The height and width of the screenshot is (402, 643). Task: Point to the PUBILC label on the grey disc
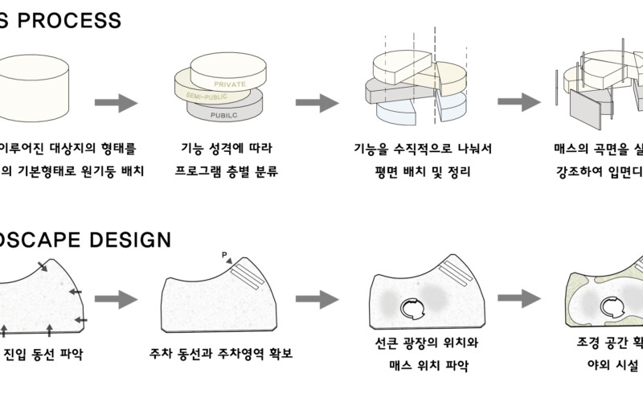228,114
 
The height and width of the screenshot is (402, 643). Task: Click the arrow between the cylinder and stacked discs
117,103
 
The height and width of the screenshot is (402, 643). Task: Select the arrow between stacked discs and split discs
317,103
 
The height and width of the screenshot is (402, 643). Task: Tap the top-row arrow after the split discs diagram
518,102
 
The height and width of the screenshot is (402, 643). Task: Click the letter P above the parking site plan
225,256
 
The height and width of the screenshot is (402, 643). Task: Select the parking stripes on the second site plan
248,275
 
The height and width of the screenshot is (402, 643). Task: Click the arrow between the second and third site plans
317,299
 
